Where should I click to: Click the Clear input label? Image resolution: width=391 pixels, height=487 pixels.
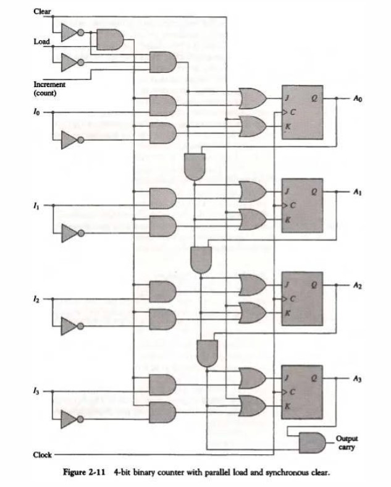[x=43, y=11]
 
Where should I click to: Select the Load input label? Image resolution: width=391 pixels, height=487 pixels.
[x=42, y=41]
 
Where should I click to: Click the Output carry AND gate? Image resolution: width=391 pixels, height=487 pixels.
[x=311, y=441]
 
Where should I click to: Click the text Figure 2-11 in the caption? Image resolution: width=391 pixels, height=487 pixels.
[x=86, y=473]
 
